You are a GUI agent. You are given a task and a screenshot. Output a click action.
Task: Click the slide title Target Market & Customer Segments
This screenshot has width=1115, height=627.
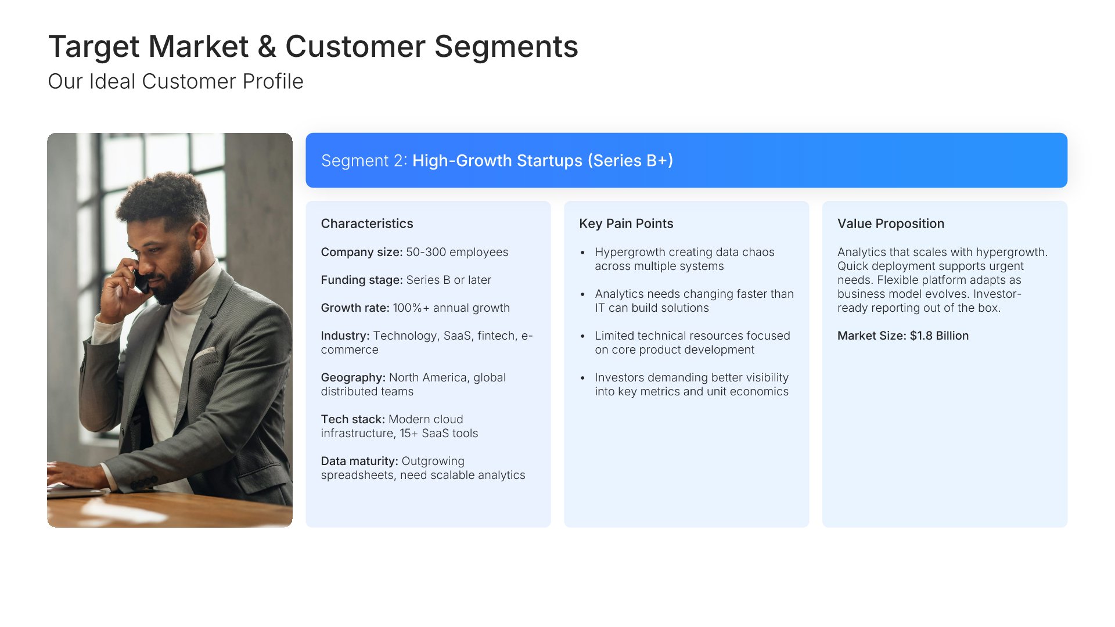313,46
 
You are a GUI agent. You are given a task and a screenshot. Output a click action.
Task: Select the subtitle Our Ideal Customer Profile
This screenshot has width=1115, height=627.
175,81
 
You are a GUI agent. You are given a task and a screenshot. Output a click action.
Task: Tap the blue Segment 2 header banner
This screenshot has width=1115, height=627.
686,160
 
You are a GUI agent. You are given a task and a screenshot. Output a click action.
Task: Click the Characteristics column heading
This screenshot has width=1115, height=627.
367,224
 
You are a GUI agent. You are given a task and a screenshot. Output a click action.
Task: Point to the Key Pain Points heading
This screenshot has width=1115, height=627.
626,224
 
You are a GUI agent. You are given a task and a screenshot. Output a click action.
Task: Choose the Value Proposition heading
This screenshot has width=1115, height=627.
891,224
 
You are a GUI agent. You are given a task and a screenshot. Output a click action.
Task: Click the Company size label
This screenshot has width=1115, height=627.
362,252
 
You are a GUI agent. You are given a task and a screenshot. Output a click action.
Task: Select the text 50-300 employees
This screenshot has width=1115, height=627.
457,252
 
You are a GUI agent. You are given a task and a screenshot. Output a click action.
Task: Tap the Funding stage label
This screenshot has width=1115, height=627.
362,280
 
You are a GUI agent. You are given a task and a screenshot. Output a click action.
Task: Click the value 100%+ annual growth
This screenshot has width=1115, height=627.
451,308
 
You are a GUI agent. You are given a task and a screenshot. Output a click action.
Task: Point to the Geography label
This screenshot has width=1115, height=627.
353,377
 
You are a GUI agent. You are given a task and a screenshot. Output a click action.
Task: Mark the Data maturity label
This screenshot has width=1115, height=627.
359,461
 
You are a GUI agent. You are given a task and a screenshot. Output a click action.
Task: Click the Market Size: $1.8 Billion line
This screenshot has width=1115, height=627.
903,336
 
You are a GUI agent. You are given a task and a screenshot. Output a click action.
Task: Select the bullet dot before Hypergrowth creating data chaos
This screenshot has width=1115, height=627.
582,253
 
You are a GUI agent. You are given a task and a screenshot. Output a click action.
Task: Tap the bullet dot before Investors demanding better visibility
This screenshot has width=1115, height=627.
582,378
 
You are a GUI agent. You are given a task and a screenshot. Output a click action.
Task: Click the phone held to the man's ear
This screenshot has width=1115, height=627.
141,280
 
